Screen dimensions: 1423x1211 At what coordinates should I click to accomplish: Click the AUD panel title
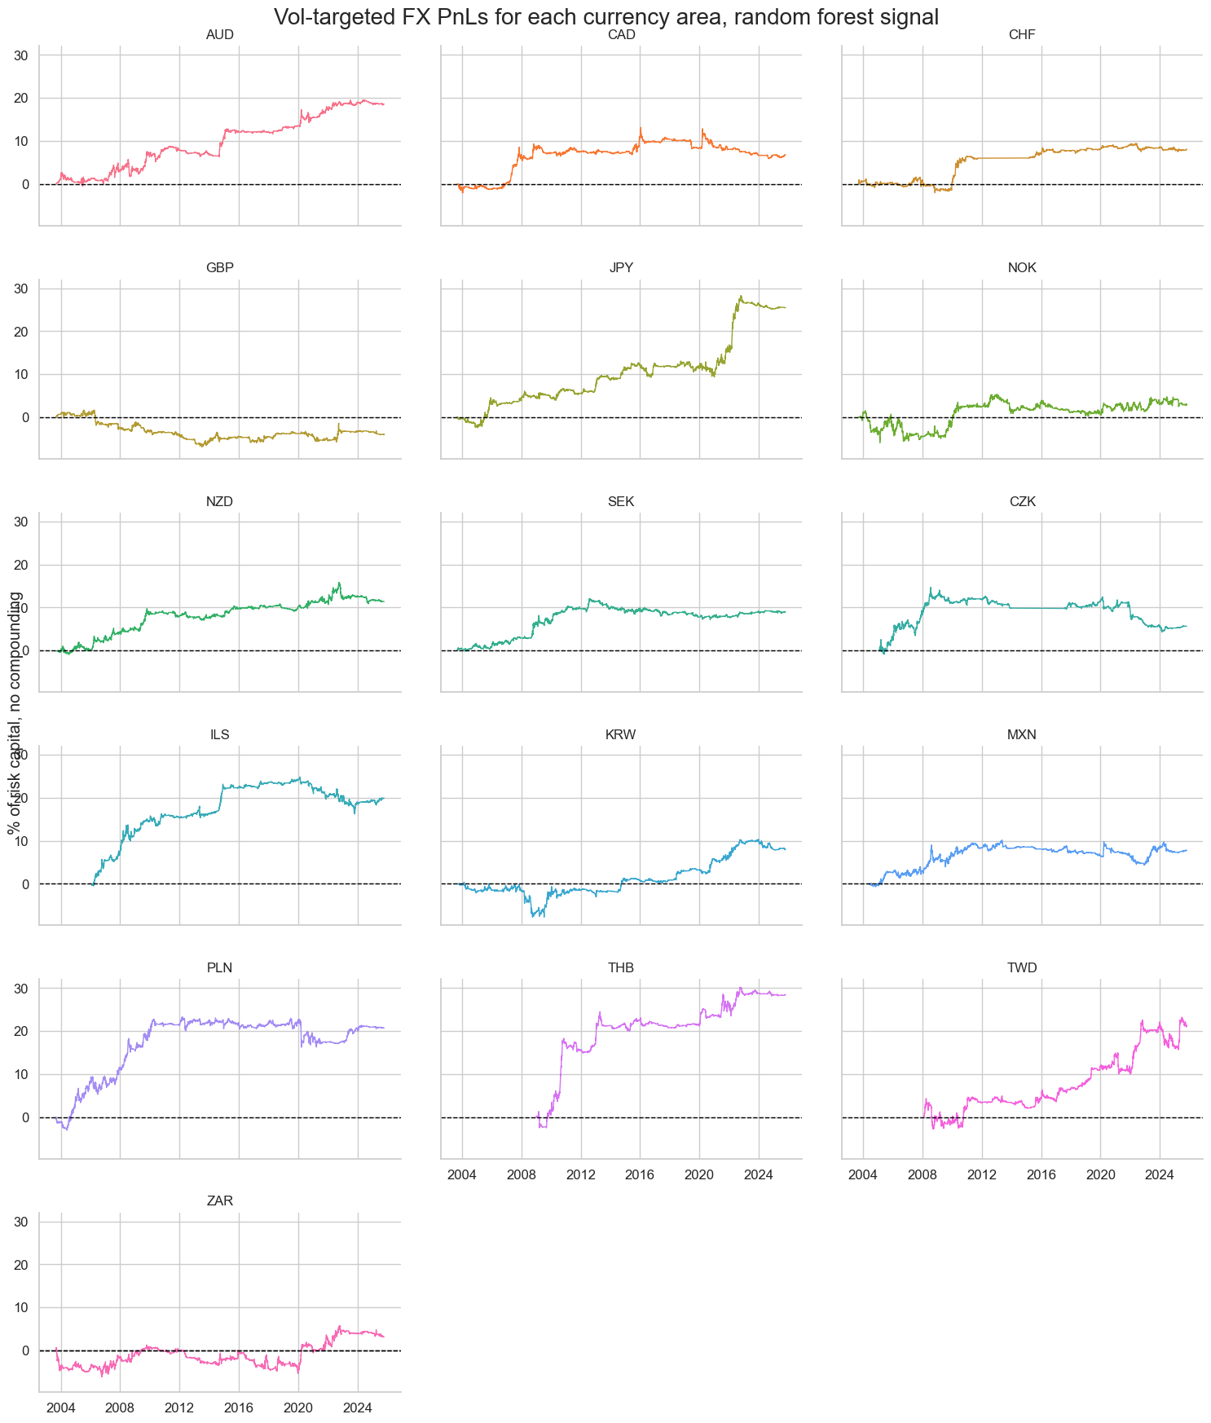[x=219, y=35]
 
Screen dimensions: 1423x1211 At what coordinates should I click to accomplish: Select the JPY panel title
[x=621, y=268]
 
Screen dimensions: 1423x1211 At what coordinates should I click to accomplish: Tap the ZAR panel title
[x=219, y=1201]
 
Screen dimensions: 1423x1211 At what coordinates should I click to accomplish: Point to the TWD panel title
[x=1022, y=967]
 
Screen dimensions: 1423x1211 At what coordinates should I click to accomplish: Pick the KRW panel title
[x=621, y=734]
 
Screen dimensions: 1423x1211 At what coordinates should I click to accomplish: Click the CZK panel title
[x=1022, y=501]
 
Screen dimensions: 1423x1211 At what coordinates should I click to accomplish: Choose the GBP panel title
[x=219, y=268]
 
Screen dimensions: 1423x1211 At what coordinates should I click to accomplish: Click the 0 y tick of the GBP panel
[x=25, y=417]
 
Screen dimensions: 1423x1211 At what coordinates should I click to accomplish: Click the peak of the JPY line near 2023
[x=741, y=296]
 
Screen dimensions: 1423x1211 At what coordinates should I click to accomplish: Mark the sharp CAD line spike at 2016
[x=640, y=128]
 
